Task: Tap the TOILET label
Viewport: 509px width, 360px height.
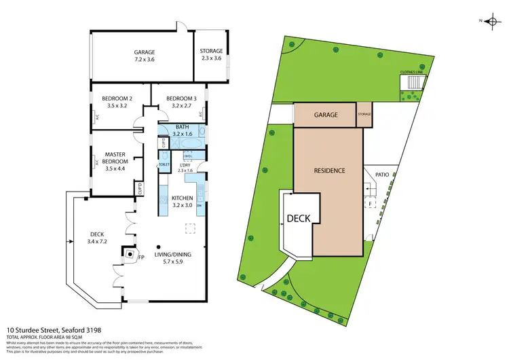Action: [x=164, y=165]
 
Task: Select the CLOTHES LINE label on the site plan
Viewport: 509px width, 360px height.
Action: [x=413, y=71]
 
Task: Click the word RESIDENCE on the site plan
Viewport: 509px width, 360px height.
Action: [x=329, y=170]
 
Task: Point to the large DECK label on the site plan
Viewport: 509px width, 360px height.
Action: [x=299, y=218]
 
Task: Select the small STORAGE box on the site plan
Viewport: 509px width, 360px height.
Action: [x=364, y=115]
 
